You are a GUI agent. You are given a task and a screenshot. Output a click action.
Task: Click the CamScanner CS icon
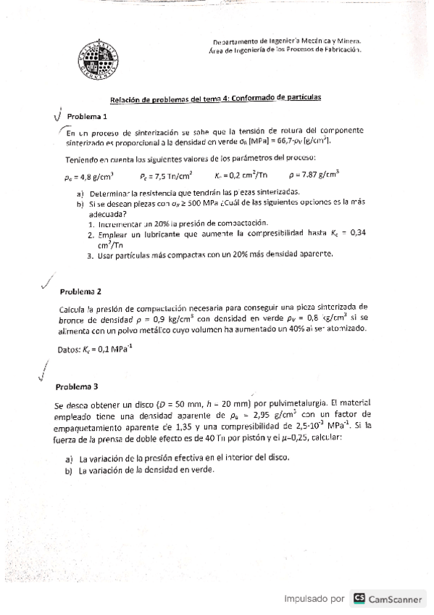tap(358, 598)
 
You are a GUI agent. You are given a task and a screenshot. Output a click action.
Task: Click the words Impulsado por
tap(314, 599)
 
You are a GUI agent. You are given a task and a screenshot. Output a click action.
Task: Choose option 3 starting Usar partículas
tap(210, 255)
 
